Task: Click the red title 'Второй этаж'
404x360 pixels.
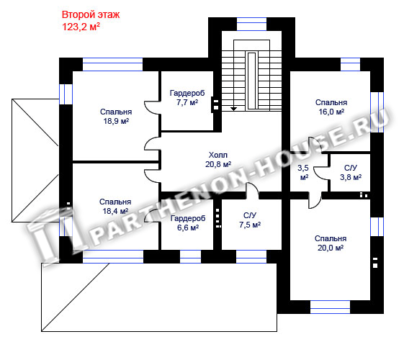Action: [x=91, y=15]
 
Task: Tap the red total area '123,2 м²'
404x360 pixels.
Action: [x=81, y=27]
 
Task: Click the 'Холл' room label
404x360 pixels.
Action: [x=218, y=155]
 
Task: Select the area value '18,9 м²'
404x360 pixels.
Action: [x=116, y=121]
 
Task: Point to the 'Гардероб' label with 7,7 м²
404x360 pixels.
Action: [x=187, y=93]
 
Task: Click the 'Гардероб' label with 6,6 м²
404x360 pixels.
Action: [x=188, y=219]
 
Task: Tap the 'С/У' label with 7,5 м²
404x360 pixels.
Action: [x=250, y=215]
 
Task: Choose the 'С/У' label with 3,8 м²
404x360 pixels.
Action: [x=351, y=168]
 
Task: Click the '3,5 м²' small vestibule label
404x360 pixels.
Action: [x=303, y=173]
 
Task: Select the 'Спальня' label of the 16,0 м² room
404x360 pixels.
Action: [x=331, y=102]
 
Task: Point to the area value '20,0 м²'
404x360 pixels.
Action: [x=331, y=248]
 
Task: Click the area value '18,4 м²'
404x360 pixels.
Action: [x=115, y=211]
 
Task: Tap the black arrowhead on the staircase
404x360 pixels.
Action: [x=233, y=109]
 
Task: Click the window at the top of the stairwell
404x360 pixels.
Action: [x=251, y=24]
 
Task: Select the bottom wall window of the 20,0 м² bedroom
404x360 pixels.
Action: [x=330, y=307]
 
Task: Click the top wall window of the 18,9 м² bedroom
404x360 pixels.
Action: [x=112, y=64]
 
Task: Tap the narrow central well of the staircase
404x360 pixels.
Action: [x=252, y=81]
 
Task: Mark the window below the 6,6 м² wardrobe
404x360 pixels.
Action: [x=190, y=256]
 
